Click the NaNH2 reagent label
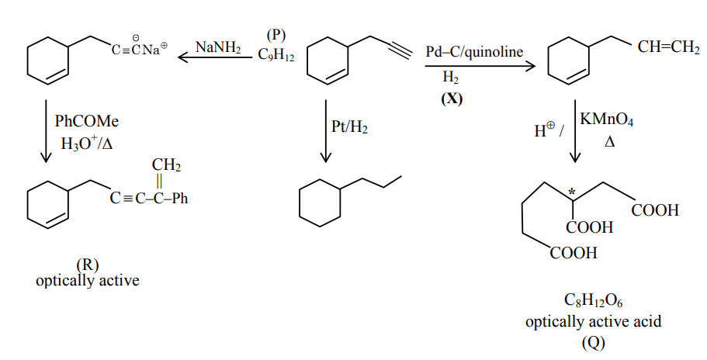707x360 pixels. (x=217, y=47)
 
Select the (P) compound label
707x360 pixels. (x=276, y=35)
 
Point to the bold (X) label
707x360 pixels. (x=451, y=98)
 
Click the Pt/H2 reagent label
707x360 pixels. (x=349, y=126)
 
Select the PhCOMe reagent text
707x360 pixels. (x=87, y=123)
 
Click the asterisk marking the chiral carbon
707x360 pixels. (x=572, y=190)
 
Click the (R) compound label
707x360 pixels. (x=87, y=265)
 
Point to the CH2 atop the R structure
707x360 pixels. (x=166, y=165)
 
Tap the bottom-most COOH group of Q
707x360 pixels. (x=575, y=253)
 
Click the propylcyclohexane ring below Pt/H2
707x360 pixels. (x=319, y=204)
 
